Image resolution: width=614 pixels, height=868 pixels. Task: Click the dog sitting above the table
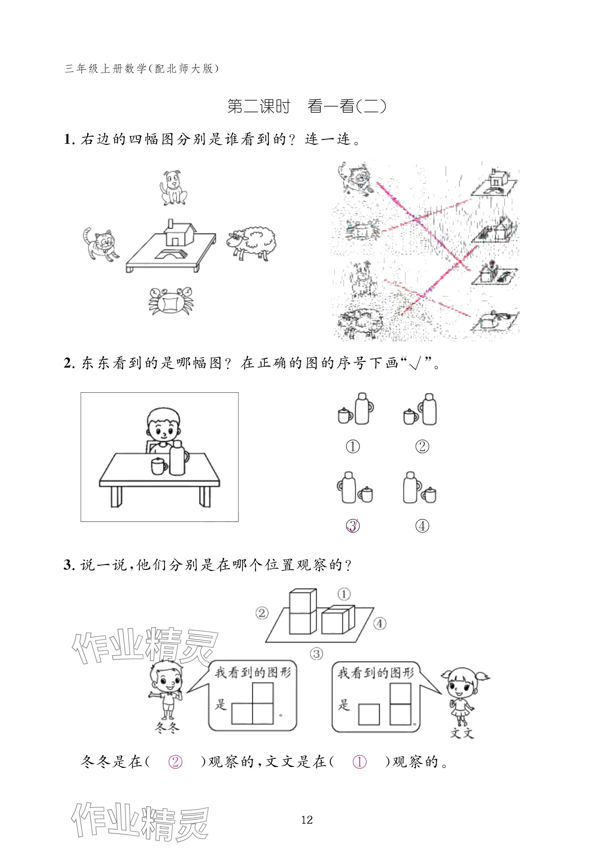click(x=173, y=188)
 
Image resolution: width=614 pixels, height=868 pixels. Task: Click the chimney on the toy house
click(x=170, y=224)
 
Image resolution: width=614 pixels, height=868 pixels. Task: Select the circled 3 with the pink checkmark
click(x=353, y=526)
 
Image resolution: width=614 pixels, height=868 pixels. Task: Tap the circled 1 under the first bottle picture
click(x=353, y=447)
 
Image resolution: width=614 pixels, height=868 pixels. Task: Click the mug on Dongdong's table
click(x=158, y=466)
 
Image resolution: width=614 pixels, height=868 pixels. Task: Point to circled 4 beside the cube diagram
click(x=380, y=623)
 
